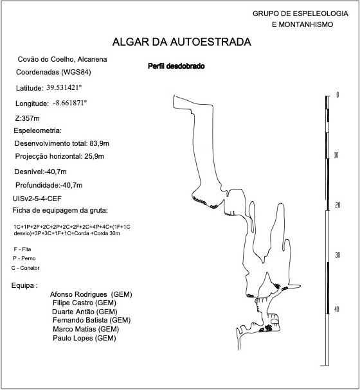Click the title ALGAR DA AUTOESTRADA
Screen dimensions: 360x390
click(182, 42)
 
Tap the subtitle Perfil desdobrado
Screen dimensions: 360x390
click(176, 66)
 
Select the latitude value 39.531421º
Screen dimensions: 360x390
click(64, 87)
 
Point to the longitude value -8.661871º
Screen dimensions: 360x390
click(70, 103)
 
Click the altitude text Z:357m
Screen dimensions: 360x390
click(28, 118)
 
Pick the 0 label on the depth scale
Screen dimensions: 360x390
click(337, 94)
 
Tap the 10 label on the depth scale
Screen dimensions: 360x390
click(336, 155)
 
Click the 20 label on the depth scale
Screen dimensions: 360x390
click(337, 205)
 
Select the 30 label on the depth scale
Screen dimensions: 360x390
click(337, 255)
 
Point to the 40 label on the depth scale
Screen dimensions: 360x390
click(337, 309)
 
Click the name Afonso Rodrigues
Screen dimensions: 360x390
click(78, 294)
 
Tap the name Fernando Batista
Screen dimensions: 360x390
click(80, 320)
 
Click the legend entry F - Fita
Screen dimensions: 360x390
click(22, 249)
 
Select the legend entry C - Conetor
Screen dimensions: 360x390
click(25, 268)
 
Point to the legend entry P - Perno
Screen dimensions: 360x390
click(24, 258)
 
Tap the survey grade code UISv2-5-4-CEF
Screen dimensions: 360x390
click(37, 199)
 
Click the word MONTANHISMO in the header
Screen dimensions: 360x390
click(306, 24)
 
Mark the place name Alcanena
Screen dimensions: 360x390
click(92, 60)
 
